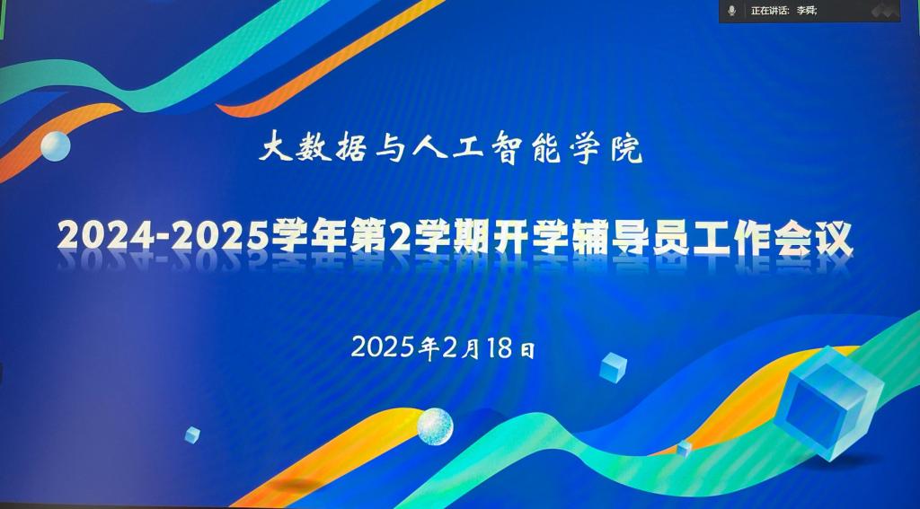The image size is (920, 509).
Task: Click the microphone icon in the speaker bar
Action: (x=731, y=11)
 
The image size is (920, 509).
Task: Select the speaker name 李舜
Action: (x=806, y=11)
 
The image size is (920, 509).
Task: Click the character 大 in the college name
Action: (x=275, y=147)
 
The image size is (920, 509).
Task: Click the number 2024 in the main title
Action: (x=103, y=236)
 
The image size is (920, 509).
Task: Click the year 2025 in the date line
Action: (x=384, y=347)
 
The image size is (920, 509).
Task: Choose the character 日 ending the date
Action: (x=527, y=350)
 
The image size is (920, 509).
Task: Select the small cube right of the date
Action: (x=613, y=368)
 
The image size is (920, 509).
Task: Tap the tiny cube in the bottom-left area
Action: (x=192, y=434)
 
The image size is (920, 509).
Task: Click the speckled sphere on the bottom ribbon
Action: (x=436, y=426)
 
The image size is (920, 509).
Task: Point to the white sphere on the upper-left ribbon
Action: (x=56, y=146)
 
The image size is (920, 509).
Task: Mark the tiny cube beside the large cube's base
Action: (x=684, y=449)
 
